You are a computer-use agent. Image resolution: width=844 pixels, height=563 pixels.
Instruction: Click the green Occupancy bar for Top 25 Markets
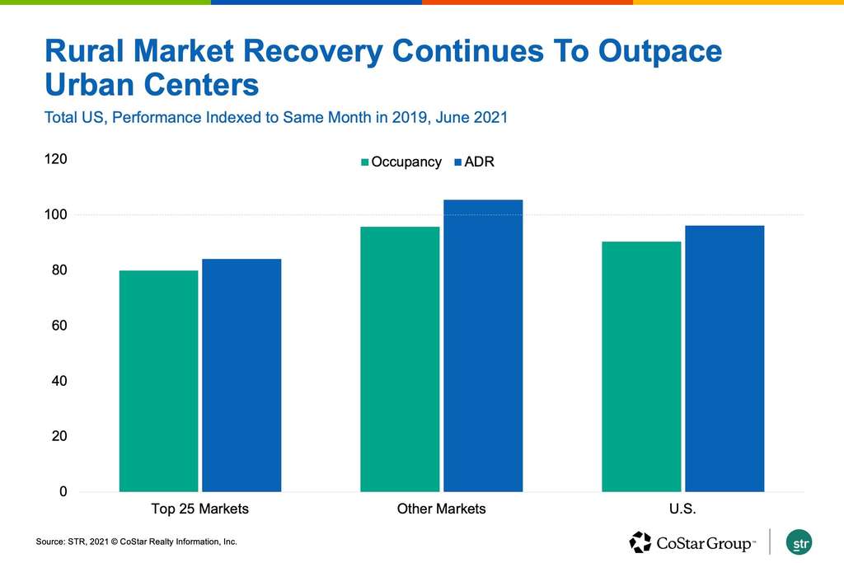pos(158,381)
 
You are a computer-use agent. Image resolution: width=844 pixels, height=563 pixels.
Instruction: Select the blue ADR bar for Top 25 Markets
pos(241,375)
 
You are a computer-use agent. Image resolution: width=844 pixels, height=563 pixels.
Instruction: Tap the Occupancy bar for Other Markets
pos(400,359)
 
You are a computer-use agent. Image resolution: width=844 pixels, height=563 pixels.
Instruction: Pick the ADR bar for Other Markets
pos(483,345)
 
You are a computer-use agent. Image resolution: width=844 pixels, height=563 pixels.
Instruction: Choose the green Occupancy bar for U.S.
pos(641,367)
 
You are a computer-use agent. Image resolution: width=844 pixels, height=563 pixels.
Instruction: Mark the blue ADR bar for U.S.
pos(724,359)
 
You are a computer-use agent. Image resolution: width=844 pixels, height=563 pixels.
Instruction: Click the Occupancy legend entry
pos(401,162)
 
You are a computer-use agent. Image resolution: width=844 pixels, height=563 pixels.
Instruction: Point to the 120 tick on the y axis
pos(55,159)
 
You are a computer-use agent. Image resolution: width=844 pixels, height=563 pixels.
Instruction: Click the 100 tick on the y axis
pos(55,214)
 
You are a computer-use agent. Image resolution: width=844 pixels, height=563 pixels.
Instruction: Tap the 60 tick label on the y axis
pos(59,326)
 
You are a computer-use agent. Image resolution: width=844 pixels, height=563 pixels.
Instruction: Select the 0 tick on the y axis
pos(62,492)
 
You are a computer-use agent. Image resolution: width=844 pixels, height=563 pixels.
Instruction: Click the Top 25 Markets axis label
pos(200,509)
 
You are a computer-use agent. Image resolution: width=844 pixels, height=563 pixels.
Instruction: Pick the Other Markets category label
pos(442,509)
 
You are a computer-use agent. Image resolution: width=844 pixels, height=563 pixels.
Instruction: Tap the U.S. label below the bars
pos(683,509)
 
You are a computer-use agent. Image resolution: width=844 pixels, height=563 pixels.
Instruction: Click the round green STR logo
pos(799,542)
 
